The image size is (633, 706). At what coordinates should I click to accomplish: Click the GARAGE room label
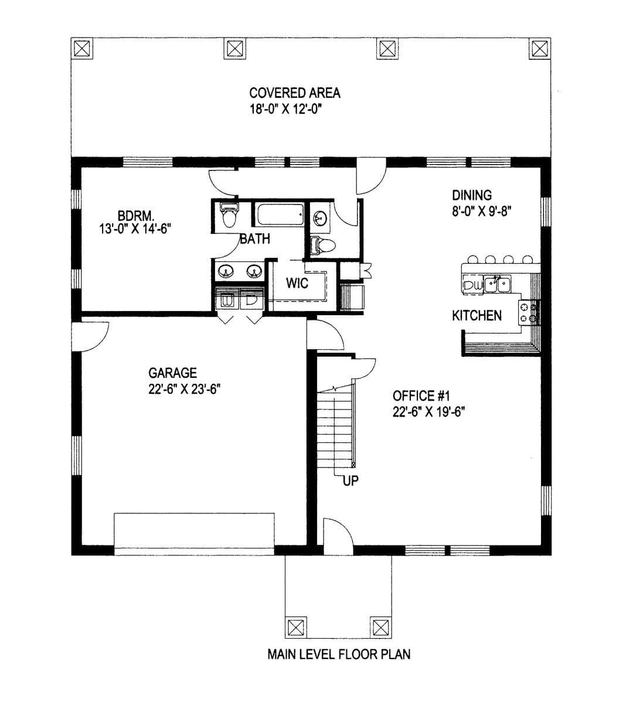pos(172,373)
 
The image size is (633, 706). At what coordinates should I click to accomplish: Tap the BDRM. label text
pos(135,216)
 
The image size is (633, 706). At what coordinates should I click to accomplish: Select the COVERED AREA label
pos(295,93)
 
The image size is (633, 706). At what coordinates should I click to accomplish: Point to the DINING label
pos(472,195)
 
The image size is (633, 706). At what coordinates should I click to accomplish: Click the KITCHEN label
pos(477,316)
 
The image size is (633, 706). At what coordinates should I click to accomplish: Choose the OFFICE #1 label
pos(421,396)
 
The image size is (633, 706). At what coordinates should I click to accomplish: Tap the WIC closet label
pos(297,284)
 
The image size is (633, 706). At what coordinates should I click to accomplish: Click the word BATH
pos(255,239)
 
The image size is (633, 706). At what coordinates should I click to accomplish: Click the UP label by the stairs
pos(350,481)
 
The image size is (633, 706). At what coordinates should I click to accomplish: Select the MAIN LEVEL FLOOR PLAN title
pos(339,654)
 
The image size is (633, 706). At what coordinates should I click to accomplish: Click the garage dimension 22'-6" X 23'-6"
pos(185,389)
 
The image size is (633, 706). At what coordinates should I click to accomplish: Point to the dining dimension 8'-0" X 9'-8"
pos(482,211)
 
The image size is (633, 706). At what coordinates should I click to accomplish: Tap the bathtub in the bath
pos(280,214)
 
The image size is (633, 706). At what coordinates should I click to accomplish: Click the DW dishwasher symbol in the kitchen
pos(473,286)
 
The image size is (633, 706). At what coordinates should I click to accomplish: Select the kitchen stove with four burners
pos(529,313)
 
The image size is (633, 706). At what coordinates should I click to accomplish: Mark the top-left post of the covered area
pos(82,49)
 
